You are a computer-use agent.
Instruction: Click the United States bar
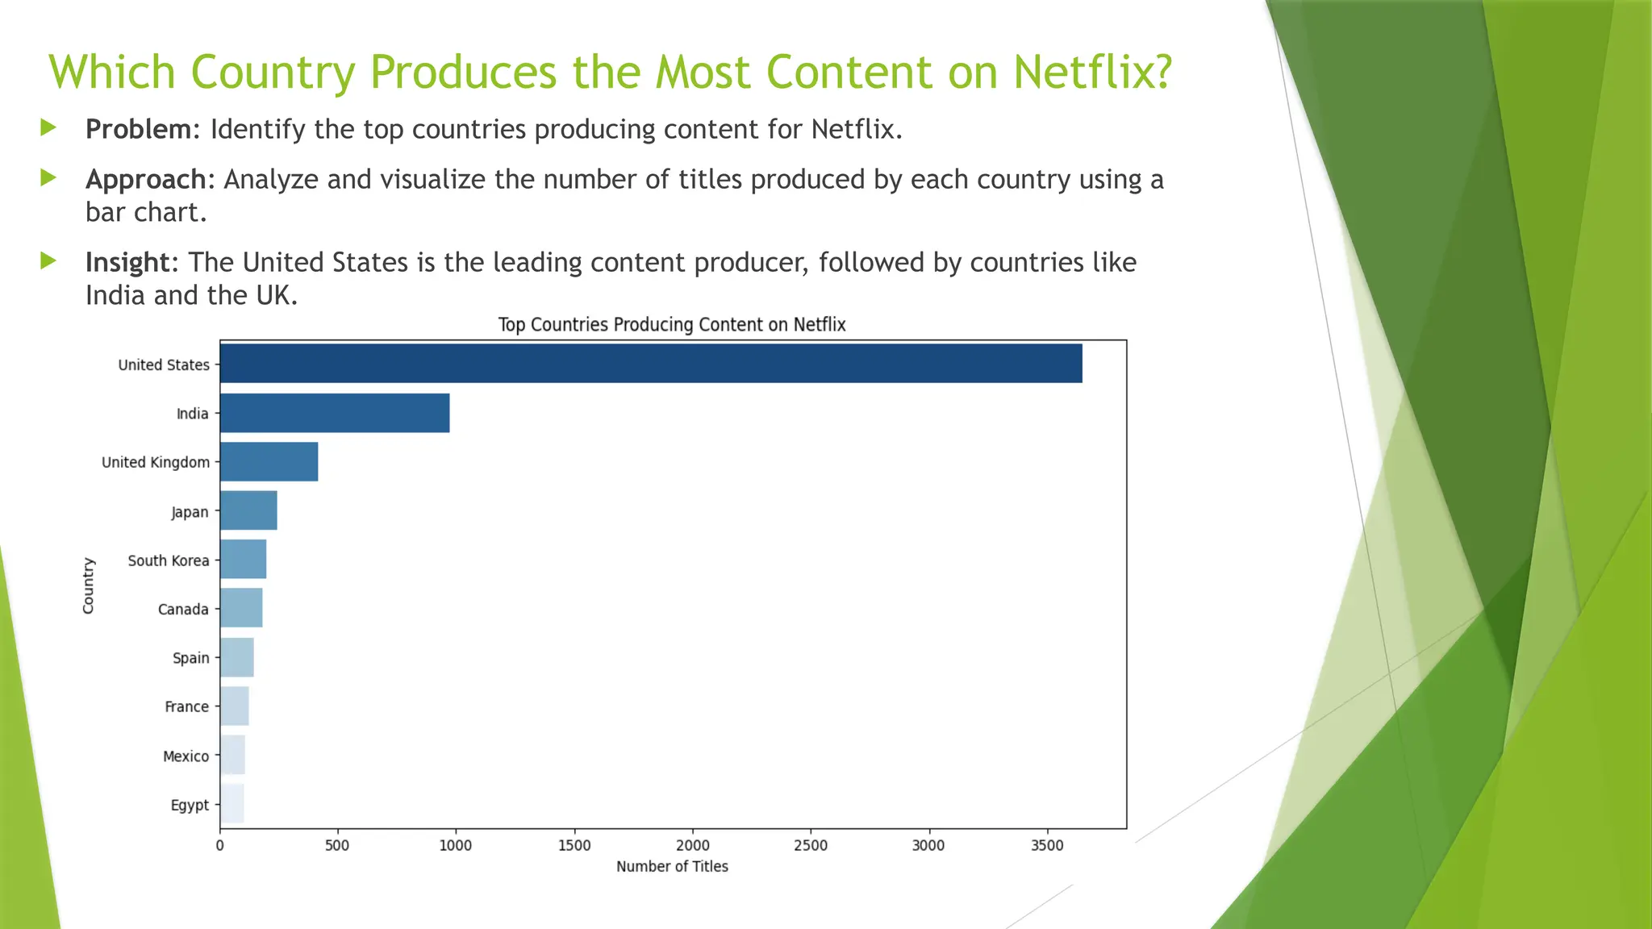pos(650,364)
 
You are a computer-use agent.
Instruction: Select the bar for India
pos(335,413)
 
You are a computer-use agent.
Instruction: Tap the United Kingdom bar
pos(269,462)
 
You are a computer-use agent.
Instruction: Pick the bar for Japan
pos(248,511)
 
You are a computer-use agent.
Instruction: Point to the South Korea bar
pos(243,560)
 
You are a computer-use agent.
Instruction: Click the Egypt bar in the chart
pos(232,804)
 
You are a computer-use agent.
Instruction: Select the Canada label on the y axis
pos(183,610)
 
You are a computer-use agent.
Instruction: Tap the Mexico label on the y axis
pos(186,756)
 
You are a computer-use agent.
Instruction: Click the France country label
pos(186,707)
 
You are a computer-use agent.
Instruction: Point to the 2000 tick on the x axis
pos(692,845)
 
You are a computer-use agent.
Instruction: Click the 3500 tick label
pos(1047,845)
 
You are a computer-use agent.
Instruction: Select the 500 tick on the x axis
pos(337,845)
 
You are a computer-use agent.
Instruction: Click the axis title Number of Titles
pos(672,867)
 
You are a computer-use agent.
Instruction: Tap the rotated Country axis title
pos(89,585)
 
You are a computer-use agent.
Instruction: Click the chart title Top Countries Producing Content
pos(671,325)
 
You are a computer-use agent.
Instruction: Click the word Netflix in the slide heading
pos(1092,72)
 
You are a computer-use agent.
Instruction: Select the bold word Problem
pos(138,129)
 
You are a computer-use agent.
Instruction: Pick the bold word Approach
pos(146,179)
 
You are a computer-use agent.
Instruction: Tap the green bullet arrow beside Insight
pos(48,260)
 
